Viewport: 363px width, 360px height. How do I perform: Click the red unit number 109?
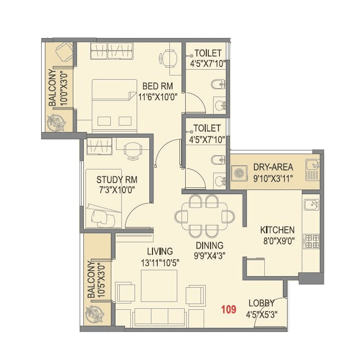[x=229, y=310]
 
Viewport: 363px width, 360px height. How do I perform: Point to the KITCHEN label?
[x=277, y=230]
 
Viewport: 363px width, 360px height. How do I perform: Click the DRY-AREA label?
[x=273, y=166]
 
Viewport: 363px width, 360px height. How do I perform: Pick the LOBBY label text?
[x=261, y=304]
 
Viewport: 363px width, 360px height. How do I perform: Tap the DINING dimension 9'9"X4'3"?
[x=209, y=256]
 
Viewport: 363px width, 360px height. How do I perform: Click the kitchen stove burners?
[x=311, y=241]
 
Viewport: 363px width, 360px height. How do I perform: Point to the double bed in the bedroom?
[x=112, y=106]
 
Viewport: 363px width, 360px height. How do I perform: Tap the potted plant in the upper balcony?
[x=55, y=124]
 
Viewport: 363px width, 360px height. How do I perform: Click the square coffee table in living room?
[x=158, y=286]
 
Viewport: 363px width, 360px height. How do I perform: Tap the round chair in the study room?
[x=133, y=150]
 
